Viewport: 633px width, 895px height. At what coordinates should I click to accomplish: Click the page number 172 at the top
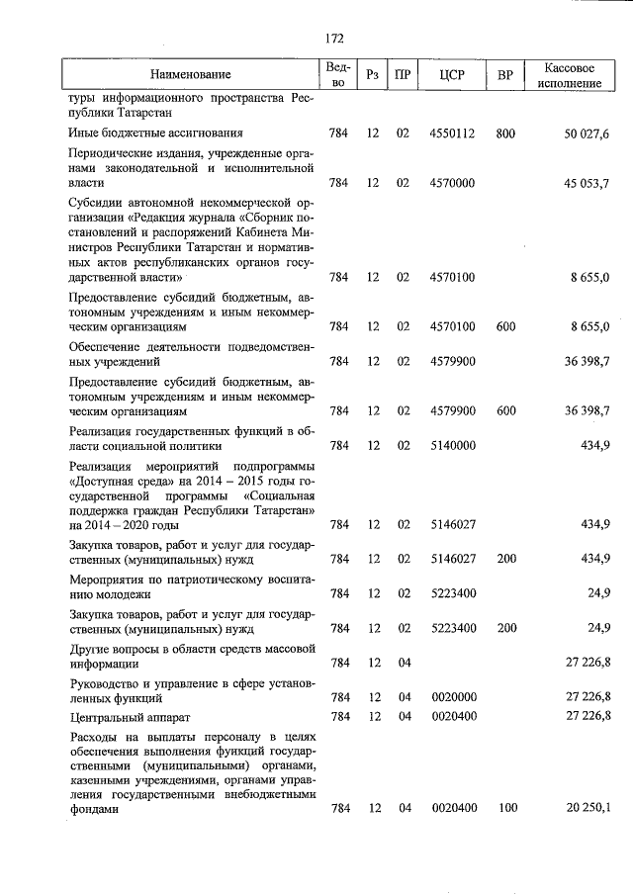point(333,39)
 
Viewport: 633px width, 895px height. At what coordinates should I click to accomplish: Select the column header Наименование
point(190,75)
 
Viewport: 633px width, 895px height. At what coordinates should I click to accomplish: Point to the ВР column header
point(505,75)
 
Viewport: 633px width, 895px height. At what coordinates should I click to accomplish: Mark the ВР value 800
point(505,133)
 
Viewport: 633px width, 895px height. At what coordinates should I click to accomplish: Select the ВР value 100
point(505,809)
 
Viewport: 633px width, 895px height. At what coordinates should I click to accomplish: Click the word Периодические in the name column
point(113,153)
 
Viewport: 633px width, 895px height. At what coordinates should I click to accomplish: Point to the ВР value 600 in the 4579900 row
point(505,410)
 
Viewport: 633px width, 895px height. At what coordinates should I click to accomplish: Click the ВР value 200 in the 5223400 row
point(505,627)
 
